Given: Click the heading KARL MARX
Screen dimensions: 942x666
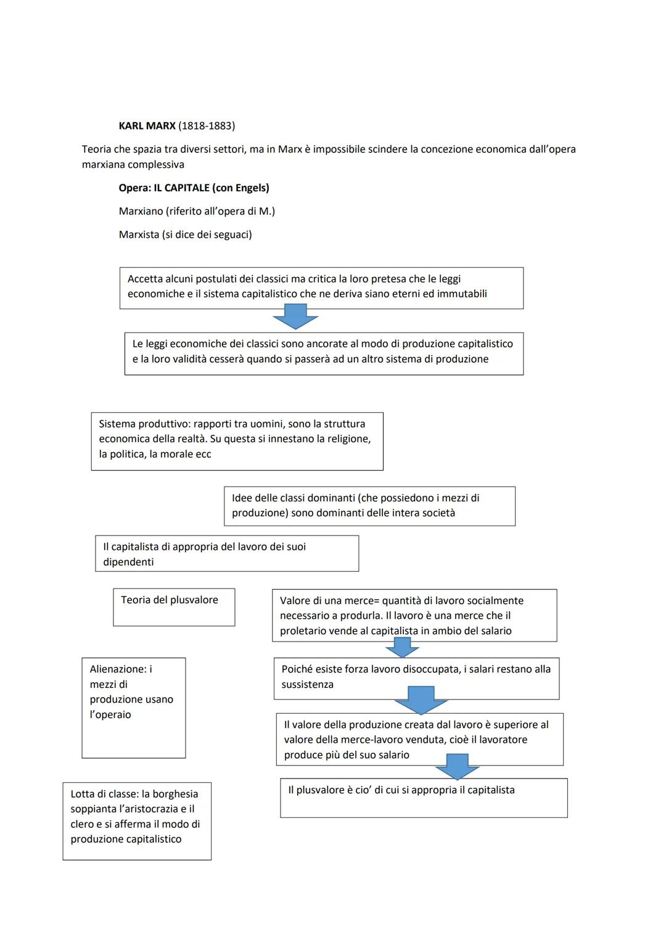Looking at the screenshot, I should (x=147, y=126).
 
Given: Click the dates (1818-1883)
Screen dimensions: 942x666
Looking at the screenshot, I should (x=207, y=126).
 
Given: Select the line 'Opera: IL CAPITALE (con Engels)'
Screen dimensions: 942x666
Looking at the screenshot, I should (x=194, y=188).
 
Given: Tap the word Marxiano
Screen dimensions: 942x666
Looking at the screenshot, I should (x=141, y=211).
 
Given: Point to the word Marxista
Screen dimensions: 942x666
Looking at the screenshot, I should (x=139, y=234).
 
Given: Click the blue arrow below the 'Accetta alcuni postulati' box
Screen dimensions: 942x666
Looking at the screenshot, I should (x=295, y=319).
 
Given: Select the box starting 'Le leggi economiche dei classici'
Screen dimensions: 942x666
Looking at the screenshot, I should (x=324, y=353).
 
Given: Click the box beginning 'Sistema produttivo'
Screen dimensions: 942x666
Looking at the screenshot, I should (x=237, y=441).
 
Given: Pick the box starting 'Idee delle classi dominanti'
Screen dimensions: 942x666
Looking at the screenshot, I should (x=369, y=506).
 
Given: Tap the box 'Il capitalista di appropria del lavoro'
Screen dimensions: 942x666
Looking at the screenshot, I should (x=226, y=553).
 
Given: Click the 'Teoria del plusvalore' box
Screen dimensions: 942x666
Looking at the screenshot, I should (x=174, y=607).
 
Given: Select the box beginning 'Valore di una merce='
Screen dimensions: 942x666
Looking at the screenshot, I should (x=414, y=615).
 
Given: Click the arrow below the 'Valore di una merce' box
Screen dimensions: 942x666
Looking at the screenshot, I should (x=402, y=648).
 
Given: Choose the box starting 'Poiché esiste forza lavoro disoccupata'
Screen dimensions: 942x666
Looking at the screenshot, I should (x=416, y=678).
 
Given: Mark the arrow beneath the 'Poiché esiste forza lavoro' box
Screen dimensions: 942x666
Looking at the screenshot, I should (x=422, y=700).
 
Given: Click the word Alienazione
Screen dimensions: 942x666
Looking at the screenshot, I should (x=117, y=669).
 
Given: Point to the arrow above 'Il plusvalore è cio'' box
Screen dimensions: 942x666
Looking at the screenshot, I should (x=457, y=767).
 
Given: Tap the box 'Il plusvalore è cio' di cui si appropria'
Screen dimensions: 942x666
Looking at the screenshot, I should (x=424, y=798).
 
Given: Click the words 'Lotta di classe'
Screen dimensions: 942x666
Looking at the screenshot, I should (x=103, y=794).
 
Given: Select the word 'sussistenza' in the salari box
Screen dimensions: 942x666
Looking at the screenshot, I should (x=307, y=685).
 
